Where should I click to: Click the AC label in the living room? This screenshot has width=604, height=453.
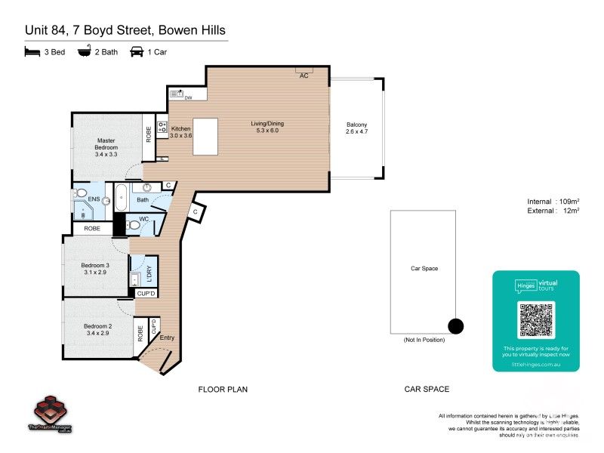[304, 75]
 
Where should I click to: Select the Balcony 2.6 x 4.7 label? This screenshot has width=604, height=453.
[356, 128]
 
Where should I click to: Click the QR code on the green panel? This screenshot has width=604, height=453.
[535, 319]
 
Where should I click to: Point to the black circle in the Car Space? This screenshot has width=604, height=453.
[455, 326]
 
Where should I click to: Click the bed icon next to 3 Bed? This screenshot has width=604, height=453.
[32, 51]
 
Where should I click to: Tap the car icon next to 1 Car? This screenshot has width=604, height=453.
[137, 51]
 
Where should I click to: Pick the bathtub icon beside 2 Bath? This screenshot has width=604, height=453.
[85, 51]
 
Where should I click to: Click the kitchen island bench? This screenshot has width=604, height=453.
[205, 137]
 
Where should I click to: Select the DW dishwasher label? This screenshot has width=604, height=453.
[189, 97]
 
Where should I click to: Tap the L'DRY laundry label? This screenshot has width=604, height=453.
[149, 273]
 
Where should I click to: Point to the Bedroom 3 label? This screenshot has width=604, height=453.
[96, 269]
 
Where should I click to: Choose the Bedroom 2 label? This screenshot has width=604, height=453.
[98, 329]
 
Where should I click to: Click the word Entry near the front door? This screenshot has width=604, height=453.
[167, 338]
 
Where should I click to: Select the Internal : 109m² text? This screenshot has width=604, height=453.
[553, 202]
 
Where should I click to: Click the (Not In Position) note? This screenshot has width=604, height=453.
[424, 341]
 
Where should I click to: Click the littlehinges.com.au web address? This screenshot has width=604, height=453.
[535, 364]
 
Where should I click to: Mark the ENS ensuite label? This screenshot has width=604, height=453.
[94, 199]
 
